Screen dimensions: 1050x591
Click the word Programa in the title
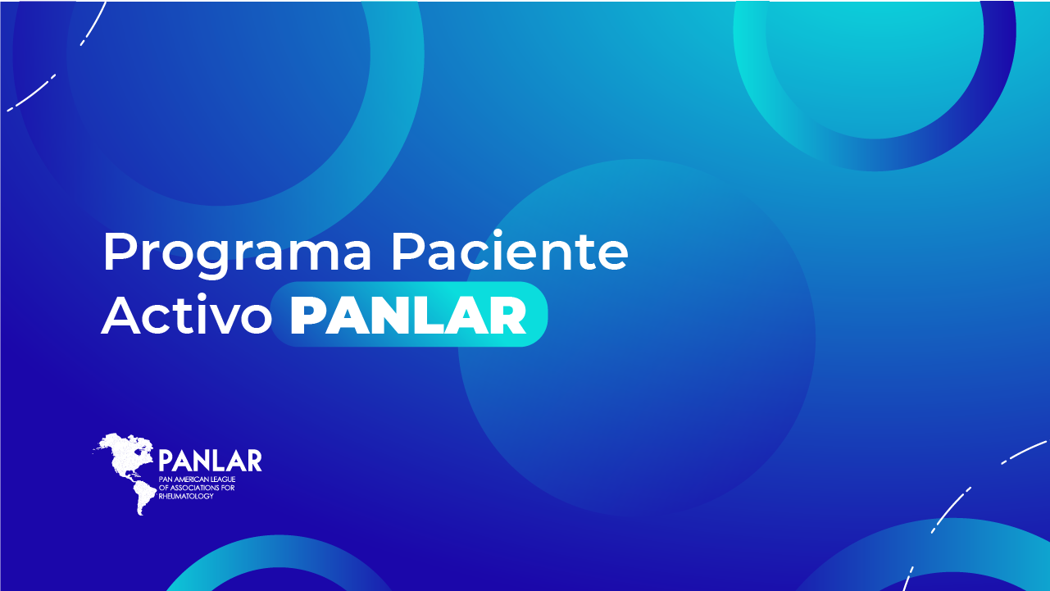237,253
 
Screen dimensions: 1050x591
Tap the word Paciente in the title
510,251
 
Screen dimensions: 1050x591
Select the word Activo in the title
187,314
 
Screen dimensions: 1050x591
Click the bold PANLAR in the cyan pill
408,316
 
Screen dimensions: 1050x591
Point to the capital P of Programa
121,251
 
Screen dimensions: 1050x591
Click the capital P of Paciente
410,251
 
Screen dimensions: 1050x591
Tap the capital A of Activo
121,315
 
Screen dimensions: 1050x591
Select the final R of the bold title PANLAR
508,316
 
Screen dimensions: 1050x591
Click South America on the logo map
144,498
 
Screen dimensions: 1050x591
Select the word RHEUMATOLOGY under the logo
186,497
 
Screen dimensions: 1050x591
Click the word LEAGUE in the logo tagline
223,480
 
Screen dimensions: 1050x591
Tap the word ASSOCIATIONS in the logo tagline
195,488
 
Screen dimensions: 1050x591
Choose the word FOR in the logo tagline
229,488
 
